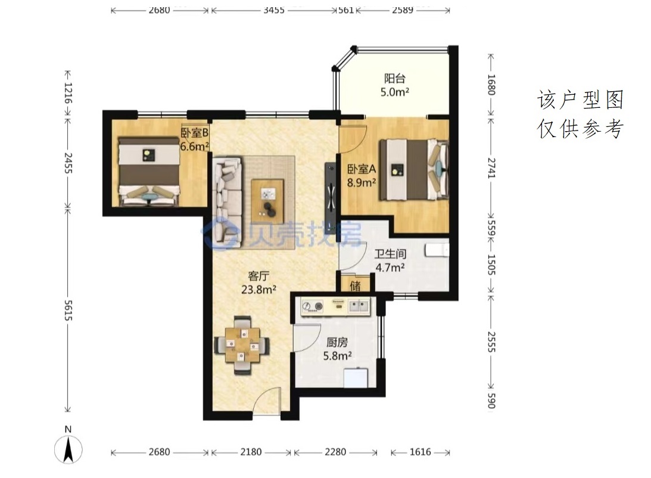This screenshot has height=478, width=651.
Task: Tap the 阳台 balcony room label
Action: click(394, 78)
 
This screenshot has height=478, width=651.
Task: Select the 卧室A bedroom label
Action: click(361, 169)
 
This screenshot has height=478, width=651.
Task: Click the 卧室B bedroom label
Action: click(194, 132)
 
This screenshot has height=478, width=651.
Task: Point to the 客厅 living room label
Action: click(258, 276)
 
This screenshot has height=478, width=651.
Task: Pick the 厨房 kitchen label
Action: click(337, 342)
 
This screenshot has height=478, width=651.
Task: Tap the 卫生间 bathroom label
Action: click(390, 254)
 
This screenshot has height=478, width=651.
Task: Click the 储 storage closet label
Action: click(356, 285)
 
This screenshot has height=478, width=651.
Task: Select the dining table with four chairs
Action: click(242, 345)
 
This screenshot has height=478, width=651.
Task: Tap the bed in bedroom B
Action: click(149, 171)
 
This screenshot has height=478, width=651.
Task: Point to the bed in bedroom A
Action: click(414, 170)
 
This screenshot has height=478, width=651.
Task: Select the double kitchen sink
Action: click(359, 306)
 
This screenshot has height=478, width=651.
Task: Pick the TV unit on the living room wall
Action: click(331, 198)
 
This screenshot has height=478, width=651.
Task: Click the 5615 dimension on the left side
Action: click(68, 310)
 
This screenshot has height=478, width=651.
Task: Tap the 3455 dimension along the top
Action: click(274, 10)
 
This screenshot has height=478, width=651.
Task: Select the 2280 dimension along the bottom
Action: click(335, 452)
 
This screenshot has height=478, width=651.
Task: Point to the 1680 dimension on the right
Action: click(491, 85)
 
